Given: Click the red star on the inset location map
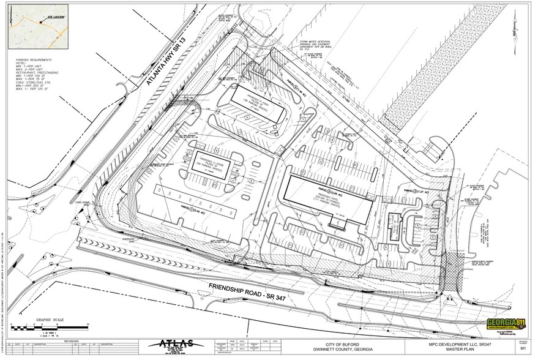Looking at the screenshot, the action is coord(41,22).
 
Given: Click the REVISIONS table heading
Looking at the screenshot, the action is coord(73,338).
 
